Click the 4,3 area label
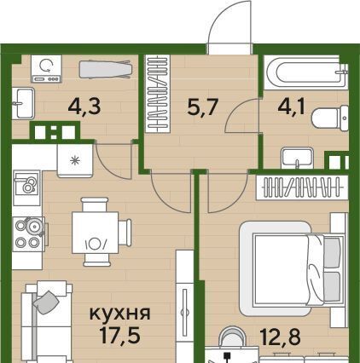tap(84, 107)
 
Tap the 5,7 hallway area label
tap(202, 107)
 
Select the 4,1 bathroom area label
tap(292, 107)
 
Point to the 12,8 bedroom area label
tap(281, 337)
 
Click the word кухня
tap(119, 314)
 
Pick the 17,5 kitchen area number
tap(120, 335)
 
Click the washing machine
tap(46, 69)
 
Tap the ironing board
tap(105, 69)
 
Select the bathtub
tap(306, 72)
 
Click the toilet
tap(330, 118)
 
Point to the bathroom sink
tap(297, 158)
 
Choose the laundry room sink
tap(23, 103)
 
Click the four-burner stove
tap(29, 234)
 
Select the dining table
tap(95, 233)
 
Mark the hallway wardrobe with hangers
tap(157, 94)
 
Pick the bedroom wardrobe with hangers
tap(302, 187)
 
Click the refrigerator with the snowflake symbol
tap(75, 160)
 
